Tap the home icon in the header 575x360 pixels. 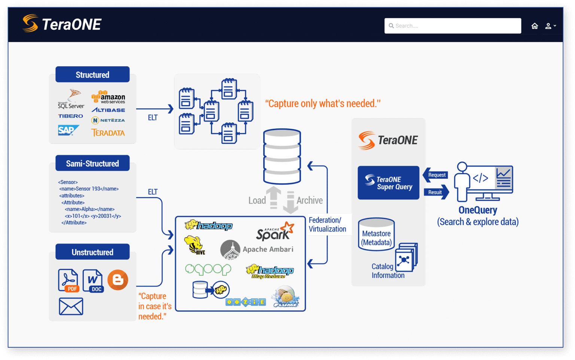pyautogui.click(x=535, y=26)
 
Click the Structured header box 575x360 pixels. pyautogui.click(x=92, y=74)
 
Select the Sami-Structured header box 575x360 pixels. pyautogui.click(x=92, y=163)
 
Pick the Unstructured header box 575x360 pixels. pyautogui.click(x=92, y=252)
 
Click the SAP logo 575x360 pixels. pyautogui.click(x=68, y=130)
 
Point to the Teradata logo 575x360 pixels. pyautogui.click(x=108, y=132)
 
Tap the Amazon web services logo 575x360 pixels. pyautogui.click(x=108, y=97)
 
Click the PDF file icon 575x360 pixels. pyautogui.click(x=68, y=280)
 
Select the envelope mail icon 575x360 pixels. pyautogui.click(x=71, y=306)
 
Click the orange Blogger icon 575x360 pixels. pyautogui.click(x=118, y=280)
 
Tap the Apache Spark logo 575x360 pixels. pyautogui.click(x=275, y=232)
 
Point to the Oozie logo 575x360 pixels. pyautogui.click(x=246, y=302)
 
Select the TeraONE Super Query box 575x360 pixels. pyautogui.click(x=388, y=183)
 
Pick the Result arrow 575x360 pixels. pyautogui.click(x=436, y=192)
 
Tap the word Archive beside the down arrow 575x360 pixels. pyautogui.click(x=310, y=200)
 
